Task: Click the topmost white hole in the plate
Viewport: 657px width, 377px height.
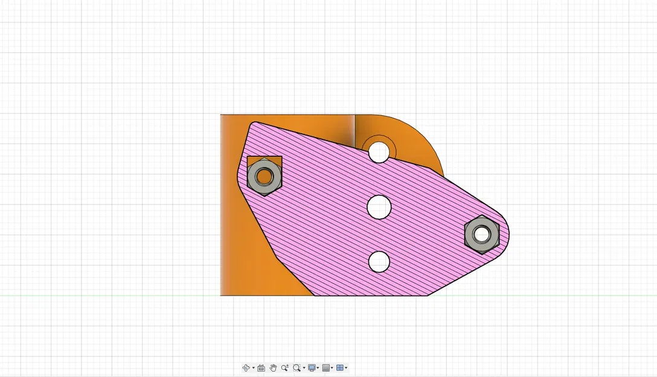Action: click(379, 152)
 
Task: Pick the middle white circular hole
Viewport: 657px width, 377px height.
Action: click(379, 207)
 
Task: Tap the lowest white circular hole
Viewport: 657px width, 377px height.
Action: click(379, 261)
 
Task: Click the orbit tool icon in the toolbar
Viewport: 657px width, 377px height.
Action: click(246, 367)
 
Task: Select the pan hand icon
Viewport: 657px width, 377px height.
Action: click(273, 367)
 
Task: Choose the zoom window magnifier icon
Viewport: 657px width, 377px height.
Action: click(296, 367)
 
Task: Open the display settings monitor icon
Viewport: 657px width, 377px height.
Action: click(312, 367)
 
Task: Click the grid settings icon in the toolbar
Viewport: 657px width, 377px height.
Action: click(326, 367)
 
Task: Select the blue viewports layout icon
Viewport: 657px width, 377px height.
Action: click(340, 367)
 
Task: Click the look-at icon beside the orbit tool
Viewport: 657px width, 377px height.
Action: click(261, 367)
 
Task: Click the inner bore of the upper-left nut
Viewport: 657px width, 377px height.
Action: click(264, 177)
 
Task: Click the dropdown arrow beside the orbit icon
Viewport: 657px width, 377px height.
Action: click(253, 368)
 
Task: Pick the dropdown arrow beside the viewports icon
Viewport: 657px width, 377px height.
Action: click(346, 368)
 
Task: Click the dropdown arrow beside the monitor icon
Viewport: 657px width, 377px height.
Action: click(318, 368)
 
